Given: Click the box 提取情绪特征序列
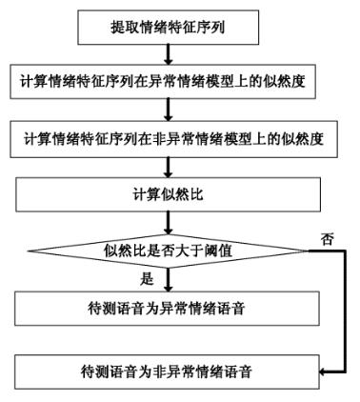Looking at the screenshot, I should pos(169,27).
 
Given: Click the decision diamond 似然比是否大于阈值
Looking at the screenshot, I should pos(169,251).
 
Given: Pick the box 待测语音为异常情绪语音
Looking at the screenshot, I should pos(169,307).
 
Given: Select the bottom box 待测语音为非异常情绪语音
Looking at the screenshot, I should pos(169,367).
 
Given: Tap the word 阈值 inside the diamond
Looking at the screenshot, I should pos(227,252).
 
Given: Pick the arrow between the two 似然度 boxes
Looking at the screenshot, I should pos(169,111).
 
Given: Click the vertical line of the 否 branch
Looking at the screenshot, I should pos(340,310).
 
